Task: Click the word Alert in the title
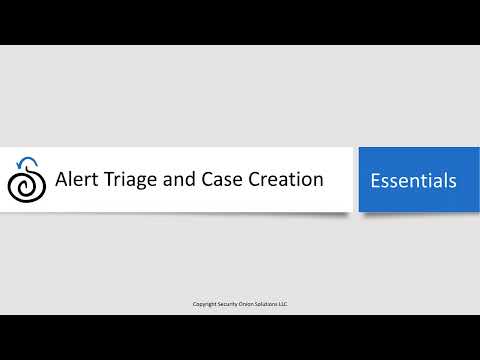tap(76, 181)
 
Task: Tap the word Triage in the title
tap(128, 181)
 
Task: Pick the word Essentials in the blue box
tap(413, 181)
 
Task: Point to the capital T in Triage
tap(107, 181)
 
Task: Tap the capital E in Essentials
tap(375, 181)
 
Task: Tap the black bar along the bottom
tap(240, 337)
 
